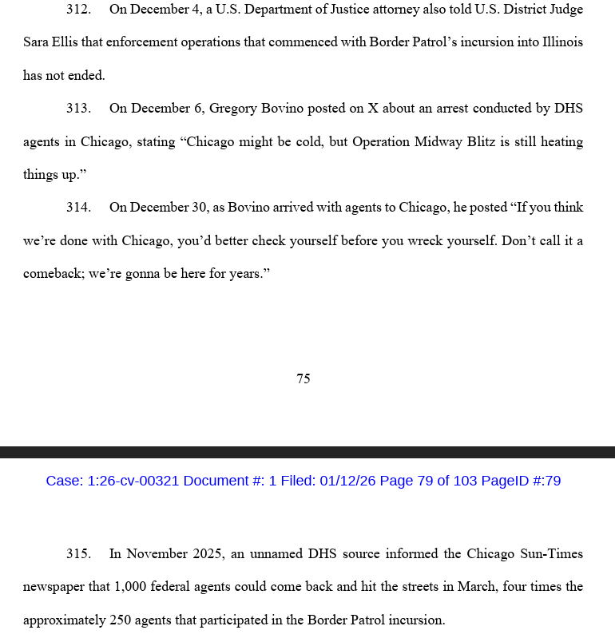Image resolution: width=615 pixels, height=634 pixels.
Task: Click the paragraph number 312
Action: tap(78, 10)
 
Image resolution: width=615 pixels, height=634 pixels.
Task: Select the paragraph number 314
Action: tap(78, 208)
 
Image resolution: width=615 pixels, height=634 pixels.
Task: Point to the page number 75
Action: tap(304, 378)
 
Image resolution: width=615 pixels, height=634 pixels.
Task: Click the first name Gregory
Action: tap(232, 109)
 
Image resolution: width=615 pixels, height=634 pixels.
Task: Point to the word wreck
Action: tap(427, 240)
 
